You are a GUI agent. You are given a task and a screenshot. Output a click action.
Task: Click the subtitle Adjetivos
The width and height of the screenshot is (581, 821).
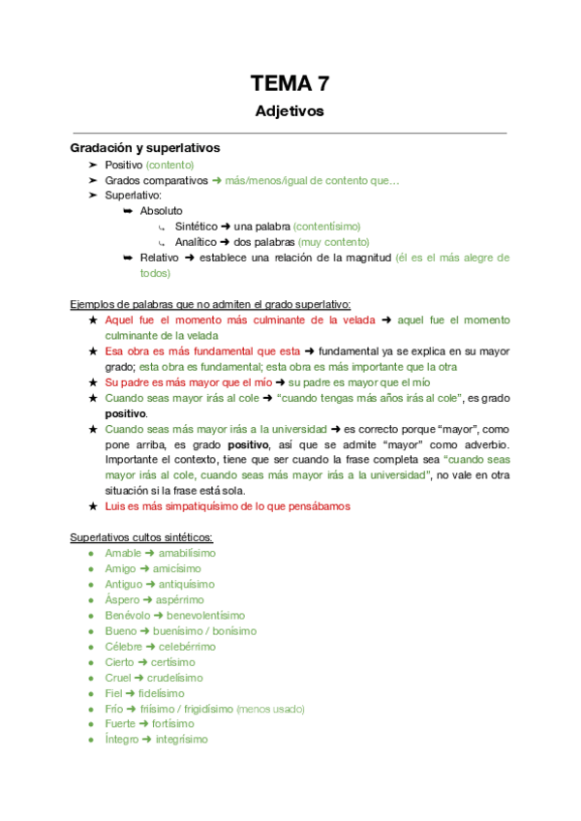coord(290,111)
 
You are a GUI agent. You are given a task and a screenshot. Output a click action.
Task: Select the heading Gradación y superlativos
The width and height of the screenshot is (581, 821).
coord(145,148)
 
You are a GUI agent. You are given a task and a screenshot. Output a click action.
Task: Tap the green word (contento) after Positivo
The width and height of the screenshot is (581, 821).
coord(169,166)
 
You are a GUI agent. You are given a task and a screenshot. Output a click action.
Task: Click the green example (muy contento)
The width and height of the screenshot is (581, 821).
coord(334,242)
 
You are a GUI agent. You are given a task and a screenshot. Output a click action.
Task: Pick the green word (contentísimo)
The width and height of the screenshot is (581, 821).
coord(332,226)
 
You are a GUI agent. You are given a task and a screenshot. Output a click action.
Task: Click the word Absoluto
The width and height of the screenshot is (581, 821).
coord(161,210)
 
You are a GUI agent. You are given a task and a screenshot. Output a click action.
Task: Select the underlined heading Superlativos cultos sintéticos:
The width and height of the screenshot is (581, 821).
coord(141,537)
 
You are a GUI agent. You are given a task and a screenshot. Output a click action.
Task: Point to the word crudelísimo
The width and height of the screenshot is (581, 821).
coord(178,678)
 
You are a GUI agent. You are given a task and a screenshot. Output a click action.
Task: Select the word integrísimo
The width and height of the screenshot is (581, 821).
coord(182,740)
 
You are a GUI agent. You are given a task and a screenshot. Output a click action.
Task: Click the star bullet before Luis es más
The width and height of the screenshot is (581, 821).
coord(92,506)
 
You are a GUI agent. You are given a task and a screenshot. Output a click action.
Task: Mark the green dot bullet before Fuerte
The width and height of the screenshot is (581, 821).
coord(91,724)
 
